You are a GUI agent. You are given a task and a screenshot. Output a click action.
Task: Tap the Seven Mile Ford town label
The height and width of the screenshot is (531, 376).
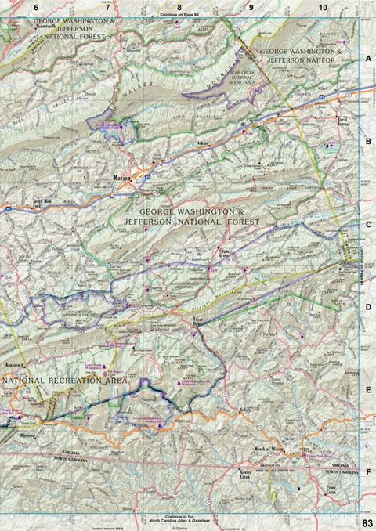click(x=44, y=201)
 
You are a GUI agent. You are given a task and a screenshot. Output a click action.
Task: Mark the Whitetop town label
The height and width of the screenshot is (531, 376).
click(x=28, y=435)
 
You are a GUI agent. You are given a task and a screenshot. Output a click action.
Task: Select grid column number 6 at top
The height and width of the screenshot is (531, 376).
click(x=34, y=7)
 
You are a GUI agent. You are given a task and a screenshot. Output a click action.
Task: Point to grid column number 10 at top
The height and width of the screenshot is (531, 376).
click(x=323, y=7)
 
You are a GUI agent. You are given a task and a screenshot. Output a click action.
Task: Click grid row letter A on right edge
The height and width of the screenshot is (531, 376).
click(x=367, y=60)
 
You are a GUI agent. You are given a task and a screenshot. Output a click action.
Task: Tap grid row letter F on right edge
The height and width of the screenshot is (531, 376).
click(x=367, y=473)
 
